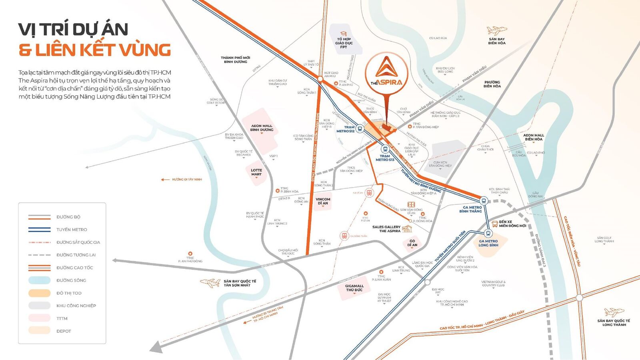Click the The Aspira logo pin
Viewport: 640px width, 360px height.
pos(386,73)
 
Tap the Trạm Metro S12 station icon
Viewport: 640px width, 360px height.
pos(360,128)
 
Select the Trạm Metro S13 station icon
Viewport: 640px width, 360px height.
pos(386,149)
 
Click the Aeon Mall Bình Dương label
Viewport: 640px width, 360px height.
pos(262,128)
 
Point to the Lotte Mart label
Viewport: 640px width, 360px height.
pos(256,172)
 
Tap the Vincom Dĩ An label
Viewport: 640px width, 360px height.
pos(323,201)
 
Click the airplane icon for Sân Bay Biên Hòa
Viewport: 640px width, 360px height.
pos(496,30)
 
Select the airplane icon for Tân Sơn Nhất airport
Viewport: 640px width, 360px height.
pos(210,283)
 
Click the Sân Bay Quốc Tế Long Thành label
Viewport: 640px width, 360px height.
pos(614,323)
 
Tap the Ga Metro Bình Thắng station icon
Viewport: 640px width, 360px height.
pos(484,200)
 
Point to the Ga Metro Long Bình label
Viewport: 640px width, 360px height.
pos(488,243)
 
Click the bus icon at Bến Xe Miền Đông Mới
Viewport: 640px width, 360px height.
pos(495,224)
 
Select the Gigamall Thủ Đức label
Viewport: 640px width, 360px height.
pos(354,288)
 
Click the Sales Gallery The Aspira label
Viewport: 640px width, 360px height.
pos(386,229)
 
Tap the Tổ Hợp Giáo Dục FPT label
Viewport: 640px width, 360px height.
pos(344,43)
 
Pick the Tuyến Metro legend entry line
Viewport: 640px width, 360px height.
pos(39,230)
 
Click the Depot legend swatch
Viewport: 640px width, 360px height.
pos(39,331)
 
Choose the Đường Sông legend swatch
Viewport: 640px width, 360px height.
pos(39,280)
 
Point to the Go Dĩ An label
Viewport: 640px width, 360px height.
pos(412,243)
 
